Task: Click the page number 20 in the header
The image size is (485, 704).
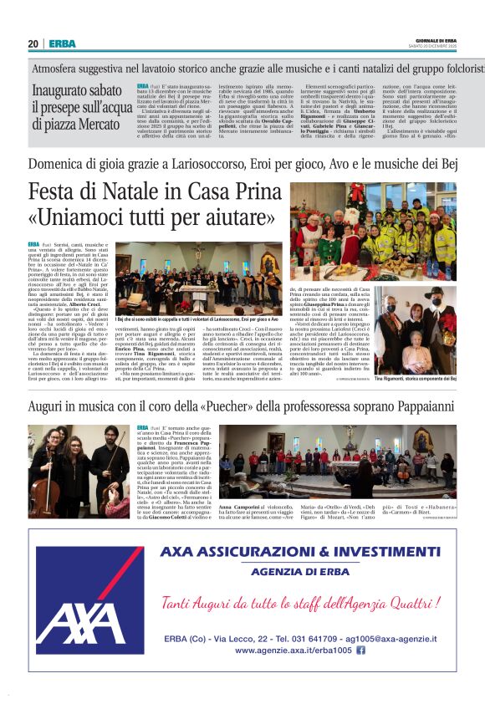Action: point(33,44)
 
